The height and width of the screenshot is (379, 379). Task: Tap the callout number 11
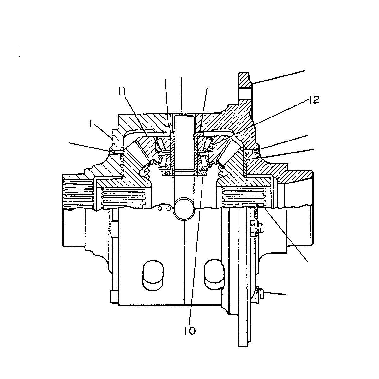pos(122,91)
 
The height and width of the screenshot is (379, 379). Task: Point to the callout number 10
pos(190,331)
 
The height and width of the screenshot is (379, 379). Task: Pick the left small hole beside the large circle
pos(161,208)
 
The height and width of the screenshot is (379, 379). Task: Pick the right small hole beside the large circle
pos(168,208)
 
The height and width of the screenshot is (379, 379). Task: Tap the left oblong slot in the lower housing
pos(153,275)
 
